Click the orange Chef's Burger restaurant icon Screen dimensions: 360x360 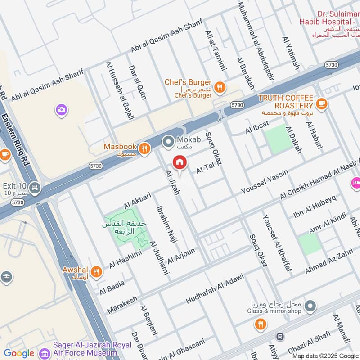(x=220, y=87)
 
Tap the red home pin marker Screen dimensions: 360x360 (x=180, y=162)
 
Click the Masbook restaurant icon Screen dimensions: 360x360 (x=144, y=149)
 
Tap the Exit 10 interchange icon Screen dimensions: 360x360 (x=34, y=187)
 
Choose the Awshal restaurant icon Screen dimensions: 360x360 (x=95, y=272)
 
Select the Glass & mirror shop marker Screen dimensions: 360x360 (x=310, y=307)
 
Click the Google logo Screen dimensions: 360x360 (x=19, y=353)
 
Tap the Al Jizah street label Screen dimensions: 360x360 (x=173, y=183)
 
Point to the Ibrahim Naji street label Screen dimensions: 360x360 (x=164, y=224)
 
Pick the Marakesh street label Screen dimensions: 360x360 (x=122, y=305)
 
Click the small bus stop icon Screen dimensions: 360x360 (x=280, y=337)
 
